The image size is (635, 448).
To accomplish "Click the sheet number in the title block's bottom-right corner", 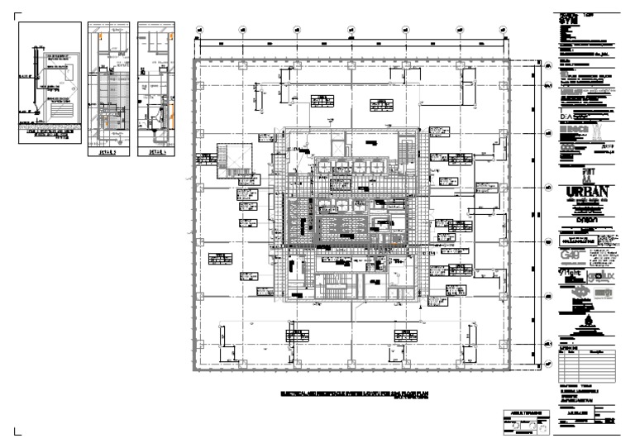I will click(x=611, y=422).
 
